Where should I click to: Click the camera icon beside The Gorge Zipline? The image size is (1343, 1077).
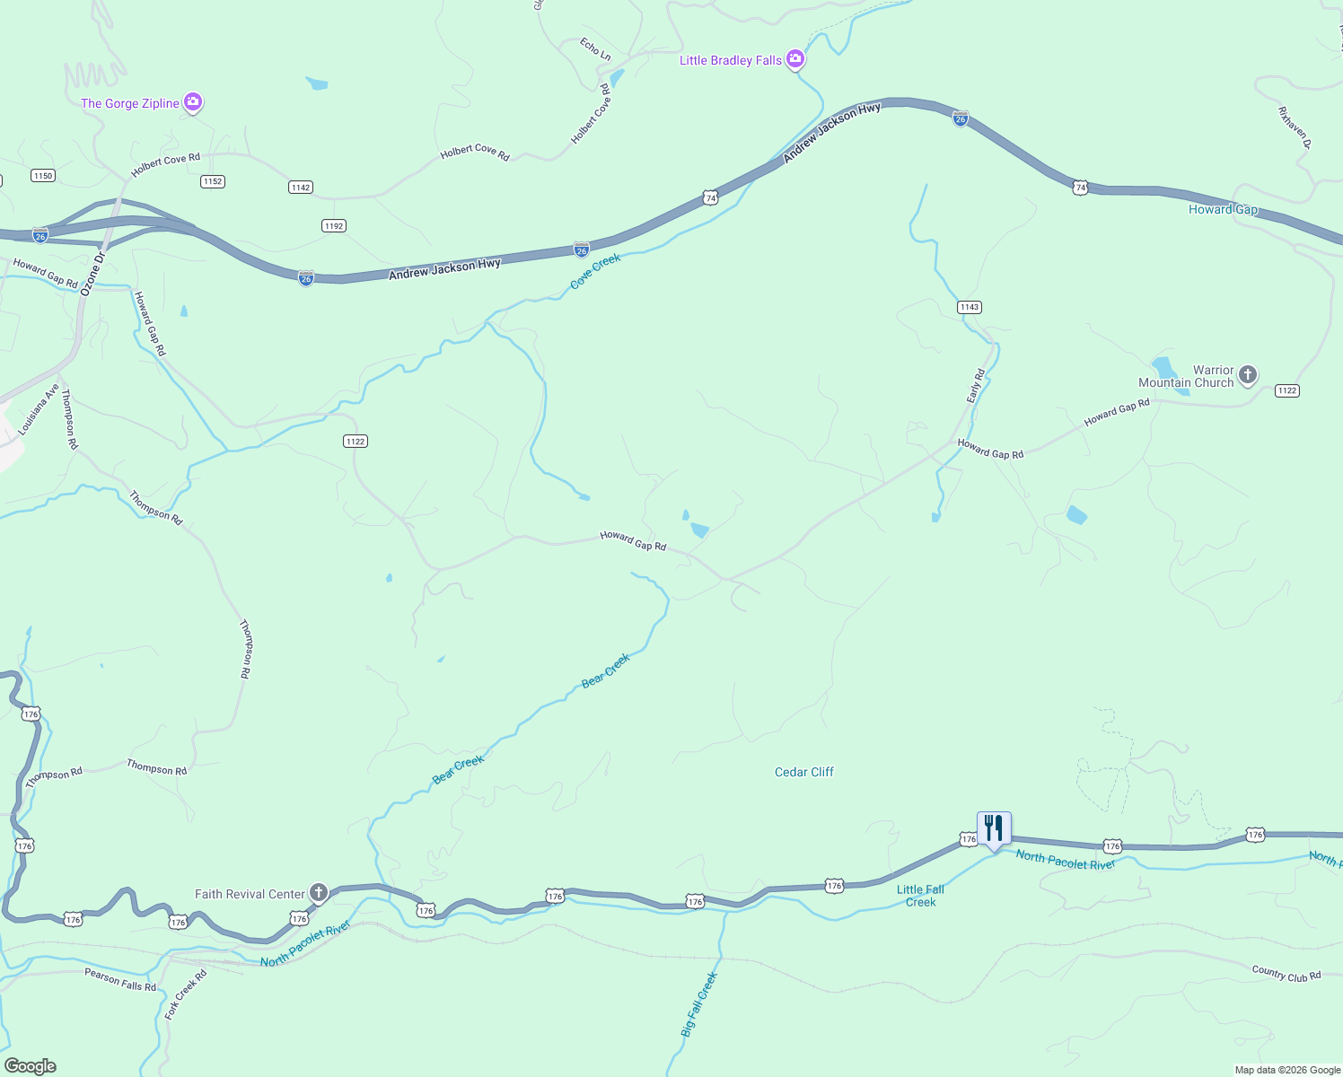[x=193, y=102]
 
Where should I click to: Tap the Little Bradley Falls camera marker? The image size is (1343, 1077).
[x=794, y=59]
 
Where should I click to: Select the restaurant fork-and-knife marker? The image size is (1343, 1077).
[x=994, y=828]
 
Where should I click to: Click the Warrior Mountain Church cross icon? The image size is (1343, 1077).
[x=1248, y=375]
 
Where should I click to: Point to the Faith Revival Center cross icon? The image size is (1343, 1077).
[x=318, y=893]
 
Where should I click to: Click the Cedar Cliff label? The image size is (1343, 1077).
[x=804, y=772]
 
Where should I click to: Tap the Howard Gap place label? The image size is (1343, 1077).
[x=1223, y=209]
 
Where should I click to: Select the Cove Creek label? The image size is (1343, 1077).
[x=595, y=271]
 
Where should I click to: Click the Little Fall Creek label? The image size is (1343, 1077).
[x=920, y=896]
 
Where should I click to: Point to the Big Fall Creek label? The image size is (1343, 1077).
[x=699, y=1004]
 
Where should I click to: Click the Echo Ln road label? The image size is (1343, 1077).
[x=595, y=49]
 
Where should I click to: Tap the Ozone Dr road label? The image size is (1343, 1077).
[x=92, y=274]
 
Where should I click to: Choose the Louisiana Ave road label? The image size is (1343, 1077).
[x=39, y=410]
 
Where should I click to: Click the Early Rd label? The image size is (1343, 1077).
[x=976, y=385]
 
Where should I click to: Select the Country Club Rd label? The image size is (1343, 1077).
[x=1286, y=974]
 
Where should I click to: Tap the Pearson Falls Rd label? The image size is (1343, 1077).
[x=120, y=979]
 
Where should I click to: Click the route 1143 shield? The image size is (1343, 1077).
[x=969, y=307]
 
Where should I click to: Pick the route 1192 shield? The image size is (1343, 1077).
[x=334, y=226]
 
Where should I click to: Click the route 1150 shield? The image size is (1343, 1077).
[x=43, y=176]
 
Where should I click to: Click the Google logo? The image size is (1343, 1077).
[x=31, y=1066]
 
